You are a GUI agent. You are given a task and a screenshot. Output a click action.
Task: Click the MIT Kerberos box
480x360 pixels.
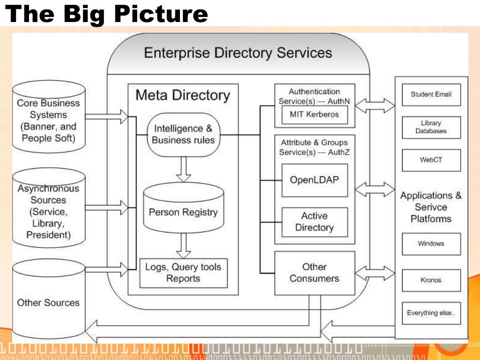pyautogui.click(x=315, y=115)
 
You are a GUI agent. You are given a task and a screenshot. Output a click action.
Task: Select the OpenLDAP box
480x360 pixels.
pyautogui.click(x=315, y=180)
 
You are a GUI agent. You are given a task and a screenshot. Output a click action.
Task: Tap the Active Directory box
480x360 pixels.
pyautogui.click(x=315, y=222)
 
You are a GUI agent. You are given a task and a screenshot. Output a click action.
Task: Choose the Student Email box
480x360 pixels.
pyautogui.click(x=431, y=95)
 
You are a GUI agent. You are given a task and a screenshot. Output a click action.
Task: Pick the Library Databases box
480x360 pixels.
pyautogui.click(x=431, y=127)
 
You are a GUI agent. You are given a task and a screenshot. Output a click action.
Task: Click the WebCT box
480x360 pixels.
pyautogui.click(x=431, y=160)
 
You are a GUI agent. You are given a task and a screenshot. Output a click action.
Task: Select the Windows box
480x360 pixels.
pyautogui.click(x=431, y=244)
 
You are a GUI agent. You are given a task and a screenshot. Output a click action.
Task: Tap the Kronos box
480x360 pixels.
pyautogui.click(x=431, y=280)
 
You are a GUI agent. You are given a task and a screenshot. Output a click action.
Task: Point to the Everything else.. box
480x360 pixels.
pyautogui.click(x=431, y=313)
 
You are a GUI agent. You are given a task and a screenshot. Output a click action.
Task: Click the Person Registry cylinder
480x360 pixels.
pyautogui.click(x=184, y=208)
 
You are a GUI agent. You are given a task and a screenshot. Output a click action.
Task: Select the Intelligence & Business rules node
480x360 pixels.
pyautogui.click(x=184, y=135)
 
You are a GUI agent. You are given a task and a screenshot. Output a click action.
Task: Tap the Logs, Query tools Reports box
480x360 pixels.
pyautogui.click(x=184, y=273)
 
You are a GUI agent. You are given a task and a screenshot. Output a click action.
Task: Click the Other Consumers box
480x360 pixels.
pyautogui.click(x=315, y=273)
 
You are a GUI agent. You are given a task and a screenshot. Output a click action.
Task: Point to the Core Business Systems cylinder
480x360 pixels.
pyautogui.click(x=49, y=117)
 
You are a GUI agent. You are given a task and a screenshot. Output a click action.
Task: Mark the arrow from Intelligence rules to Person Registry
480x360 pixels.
pyautogui.click(x=184, y=169)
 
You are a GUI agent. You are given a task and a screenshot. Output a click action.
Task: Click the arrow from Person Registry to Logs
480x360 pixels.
pyautogui.click(x=184, y=246)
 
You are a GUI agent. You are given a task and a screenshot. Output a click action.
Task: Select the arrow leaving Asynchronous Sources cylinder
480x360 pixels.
pyautogui.click(x=106, y=208)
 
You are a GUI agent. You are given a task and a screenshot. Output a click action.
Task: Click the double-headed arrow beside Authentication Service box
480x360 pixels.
pyautogui.click(x=375, y=105)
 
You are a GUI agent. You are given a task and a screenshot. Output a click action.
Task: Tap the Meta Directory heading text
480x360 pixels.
pyautogui.click(x=183, y=95)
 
